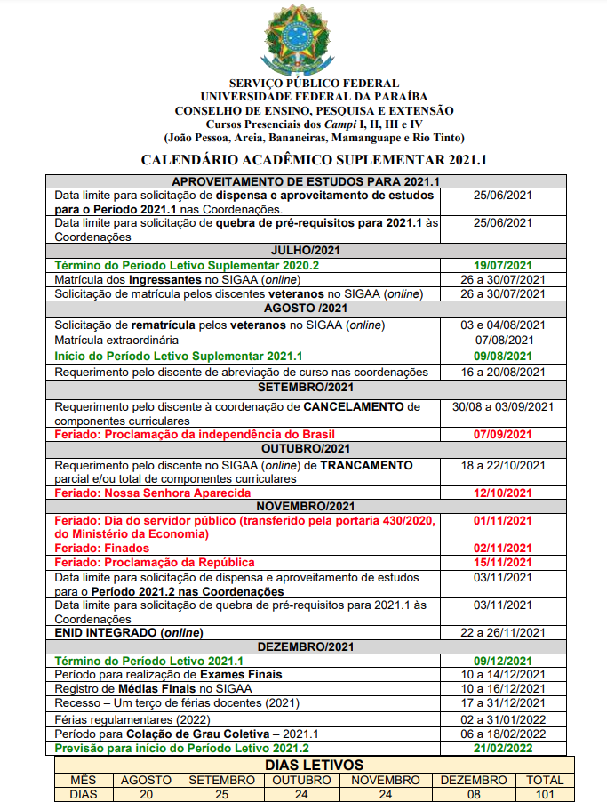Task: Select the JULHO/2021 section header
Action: tap(302, 251)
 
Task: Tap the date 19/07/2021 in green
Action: tap(503, 265)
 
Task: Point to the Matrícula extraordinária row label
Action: tap(116, 340)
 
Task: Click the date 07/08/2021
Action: tap(503, 340)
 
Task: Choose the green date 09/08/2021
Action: tap(503, 356)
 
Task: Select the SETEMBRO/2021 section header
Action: tap(303, 388)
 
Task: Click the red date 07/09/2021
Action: tap(503, 434)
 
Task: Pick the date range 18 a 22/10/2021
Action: tap(503, 465)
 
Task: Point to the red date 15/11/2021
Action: tap(503, 562)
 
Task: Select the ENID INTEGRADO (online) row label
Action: tap(128, 632)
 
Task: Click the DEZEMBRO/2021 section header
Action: tap(303, 646)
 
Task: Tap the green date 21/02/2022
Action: tap(503, 748)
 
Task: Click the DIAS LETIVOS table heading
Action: tap(302, 764)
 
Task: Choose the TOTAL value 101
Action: tap(544, 793)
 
